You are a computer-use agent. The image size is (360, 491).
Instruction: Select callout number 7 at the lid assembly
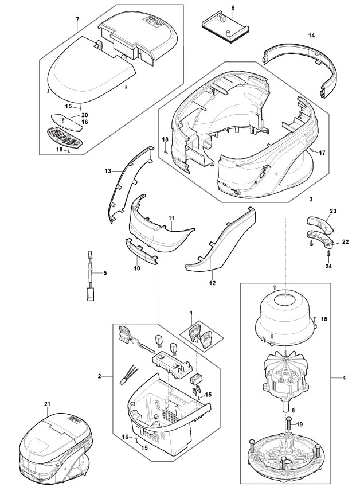[x=77, y=20]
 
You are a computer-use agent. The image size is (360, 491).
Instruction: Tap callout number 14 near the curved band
[x=311, y=36]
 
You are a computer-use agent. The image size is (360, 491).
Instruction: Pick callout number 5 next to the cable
[x=104, y=272]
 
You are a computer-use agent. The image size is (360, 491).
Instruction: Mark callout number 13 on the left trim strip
[x=107, y=170]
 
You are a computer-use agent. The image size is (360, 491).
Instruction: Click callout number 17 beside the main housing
[x=322, y=153]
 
